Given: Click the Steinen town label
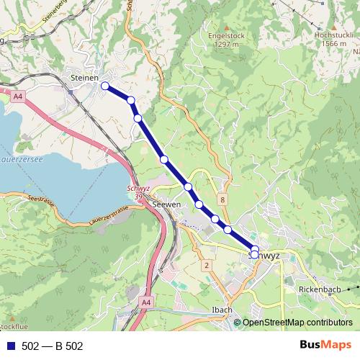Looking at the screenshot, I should point(85,76).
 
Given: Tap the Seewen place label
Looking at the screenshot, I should point(167,204).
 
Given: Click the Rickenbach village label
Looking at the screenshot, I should point(319,289).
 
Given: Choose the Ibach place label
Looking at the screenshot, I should point(222,310).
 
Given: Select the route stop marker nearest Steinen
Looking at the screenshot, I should point(105,86).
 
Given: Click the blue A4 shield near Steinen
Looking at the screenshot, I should point(17,94).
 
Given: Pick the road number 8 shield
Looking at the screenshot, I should point(223,199).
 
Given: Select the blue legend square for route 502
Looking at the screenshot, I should point(11,346).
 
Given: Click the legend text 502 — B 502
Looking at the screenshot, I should point(53,346).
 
